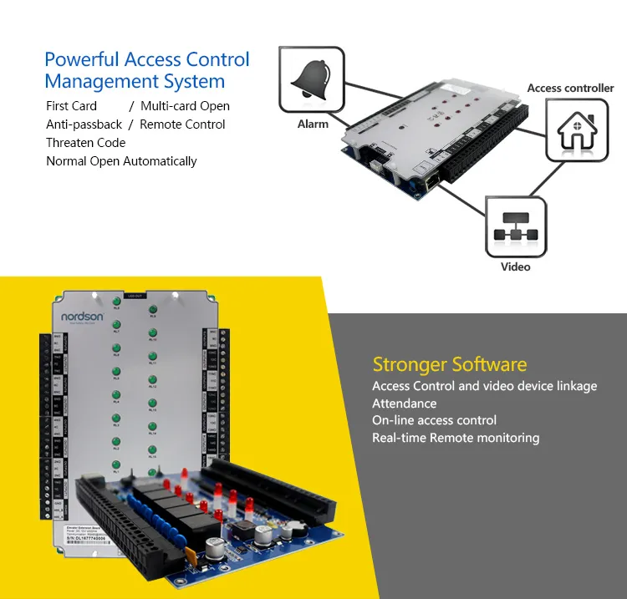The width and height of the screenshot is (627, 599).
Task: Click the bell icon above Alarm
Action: (x=311, y=80)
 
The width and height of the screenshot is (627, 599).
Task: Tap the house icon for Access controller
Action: (x=578, y=129)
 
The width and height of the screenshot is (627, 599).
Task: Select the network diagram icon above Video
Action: (x=516, y=226)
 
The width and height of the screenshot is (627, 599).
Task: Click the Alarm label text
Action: (x=313, y=124)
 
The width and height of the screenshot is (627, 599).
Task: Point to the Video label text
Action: (x=515, y=267)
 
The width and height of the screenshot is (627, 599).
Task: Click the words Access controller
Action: (x=570, y=88)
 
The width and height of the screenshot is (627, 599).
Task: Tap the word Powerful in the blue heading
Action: (x=82, y=59)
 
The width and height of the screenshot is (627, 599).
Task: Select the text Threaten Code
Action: (x=85, y=143)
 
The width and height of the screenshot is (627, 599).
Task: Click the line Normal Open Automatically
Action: (x=121, y=161)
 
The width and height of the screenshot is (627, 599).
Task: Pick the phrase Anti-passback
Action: (x=84, y=124)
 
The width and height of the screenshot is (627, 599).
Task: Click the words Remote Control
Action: (x=182, y=124)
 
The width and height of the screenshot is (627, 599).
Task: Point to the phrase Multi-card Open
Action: (x=185, y=106)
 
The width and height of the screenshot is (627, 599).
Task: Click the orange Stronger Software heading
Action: (x=450, y=364)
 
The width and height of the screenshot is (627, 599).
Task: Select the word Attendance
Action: (x=405, y=404)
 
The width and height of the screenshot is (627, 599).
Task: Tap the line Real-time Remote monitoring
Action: (x=456, y=438)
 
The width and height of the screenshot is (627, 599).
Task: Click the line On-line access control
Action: (x=434, y=420)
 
